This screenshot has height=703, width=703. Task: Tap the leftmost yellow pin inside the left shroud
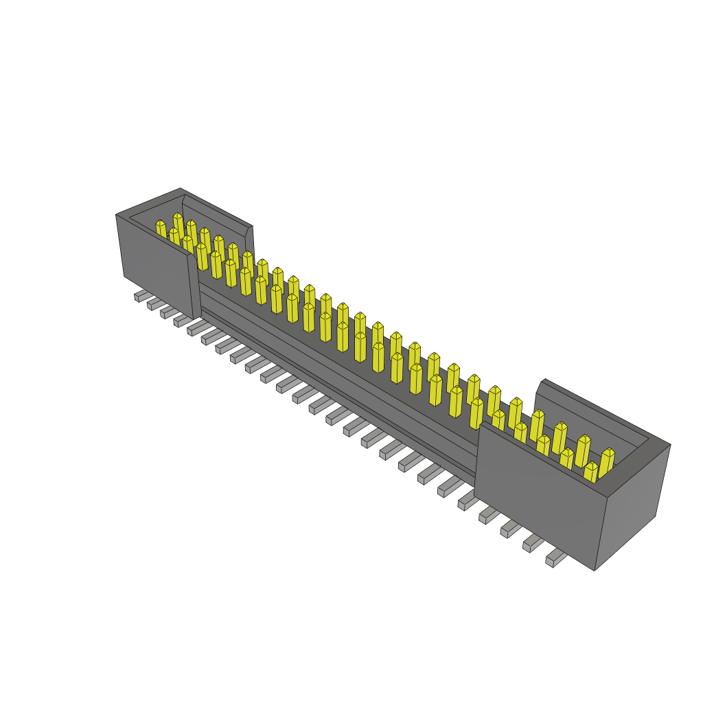coord(161,229)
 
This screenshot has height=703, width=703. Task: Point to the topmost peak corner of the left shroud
coord(181,188)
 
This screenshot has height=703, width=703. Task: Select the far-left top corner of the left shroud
coord(116,215)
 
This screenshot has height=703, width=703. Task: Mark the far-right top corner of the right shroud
coord(670,444)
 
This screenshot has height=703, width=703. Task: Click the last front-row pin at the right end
coord(590,472)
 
